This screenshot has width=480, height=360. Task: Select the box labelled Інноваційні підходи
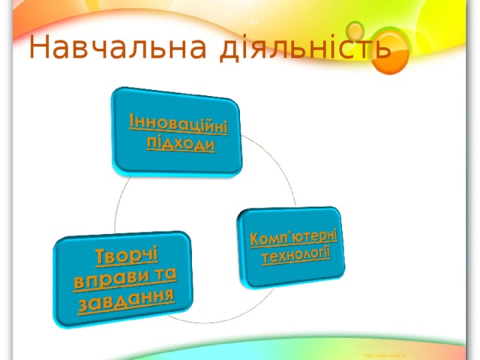pyautogui.click(x=178, y=132)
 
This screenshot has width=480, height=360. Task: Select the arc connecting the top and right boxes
pyautogui.click(x=277, y=169)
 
